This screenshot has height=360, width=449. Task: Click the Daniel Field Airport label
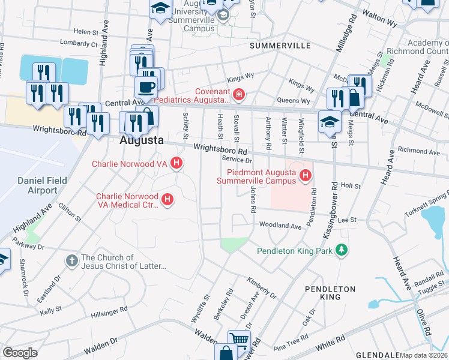[x=37, y=185]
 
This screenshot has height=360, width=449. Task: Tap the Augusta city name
[x=142, y=140]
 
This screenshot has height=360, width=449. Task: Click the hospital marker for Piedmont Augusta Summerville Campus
[x=306, y=175]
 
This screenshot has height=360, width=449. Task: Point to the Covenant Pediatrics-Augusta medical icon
[x=239, y=94]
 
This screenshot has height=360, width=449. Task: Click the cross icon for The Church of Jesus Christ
[x=71, y=260]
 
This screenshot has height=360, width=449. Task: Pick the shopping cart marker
[x=239, y=340]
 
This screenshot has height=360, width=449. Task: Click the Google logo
[x=20, y=353]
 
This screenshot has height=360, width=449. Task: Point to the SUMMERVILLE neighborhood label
[x=280, y=46]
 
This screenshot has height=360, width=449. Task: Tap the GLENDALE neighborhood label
[x=377, y=355]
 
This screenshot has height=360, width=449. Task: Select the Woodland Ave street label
[x=280, y=226]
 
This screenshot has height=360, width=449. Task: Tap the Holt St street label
[x=349, y=186]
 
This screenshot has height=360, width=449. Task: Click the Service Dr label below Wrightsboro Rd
[x=235, y=160]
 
